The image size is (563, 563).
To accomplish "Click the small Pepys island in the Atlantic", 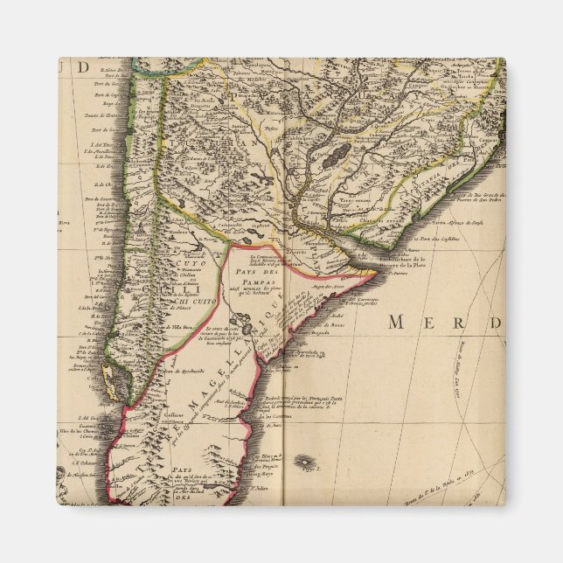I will (x=303, y=460).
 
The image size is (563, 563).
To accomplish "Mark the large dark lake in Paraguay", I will (x=332, y=158).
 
